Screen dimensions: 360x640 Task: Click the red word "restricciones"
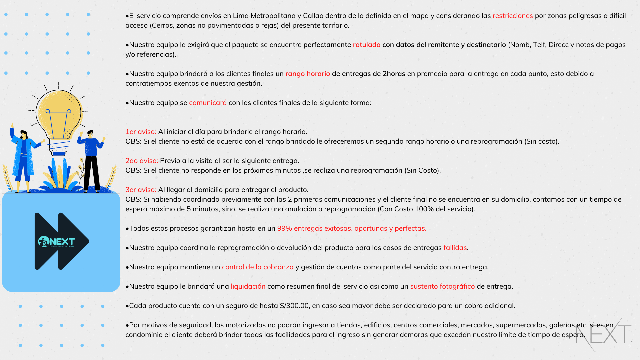pos(512,16)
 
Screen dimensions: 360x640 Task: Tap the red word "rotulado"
pos(366,45)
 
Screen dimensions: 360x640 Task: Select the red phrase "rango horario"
pos(307,74)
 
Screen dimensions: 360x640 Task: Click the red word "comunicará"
pos(208,103)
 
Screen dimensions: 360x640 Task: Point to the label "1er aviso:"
pos(141,132)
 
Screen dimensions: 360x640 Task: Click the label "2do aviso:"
pos(142,161)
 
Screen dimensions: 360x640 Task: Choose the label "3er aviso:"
pos(141,190)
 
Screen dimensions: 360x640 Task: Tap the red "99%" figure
pos(284,228)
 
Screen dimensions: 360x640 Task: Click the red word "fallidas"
pos(455,248)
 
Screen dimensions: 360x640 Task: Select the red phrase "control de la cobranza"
pos(258,267)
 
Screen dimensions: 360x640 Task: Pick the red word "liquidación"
pos(248,286)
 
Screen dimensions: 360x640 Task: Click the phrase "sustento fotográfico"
pos(442,286)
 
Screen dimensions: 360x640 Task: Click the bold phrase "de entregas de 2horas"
pos(368,74)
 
